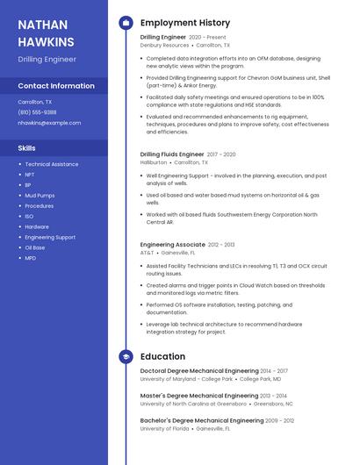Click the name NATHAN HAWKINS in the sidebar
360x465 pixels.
pos(46,32)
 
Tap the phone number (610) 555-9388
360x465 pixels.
pos(37,112)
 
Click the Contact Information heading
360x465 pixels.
pos(56,86)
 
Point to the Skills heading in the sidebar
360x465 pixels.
pos(27,148)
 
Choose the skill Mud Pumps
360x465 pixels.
pos(40,196)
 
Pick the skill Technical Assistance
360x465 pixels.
pos(51,164)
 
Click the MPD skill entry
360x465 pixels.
pos(31,258)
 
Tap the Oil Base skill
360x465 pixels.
pos(35,247)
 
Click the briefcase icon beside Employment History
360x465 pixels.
pos(126,23)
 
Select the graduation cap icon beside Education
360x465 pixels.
pos(126,357)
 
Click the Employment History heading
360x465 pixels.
pos(185,23)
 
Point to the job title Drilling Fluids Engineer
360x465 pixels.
pos(172,154)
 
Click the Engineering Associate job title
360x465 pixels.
pos(173,245)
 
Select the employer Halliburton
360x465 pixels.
pos(154,162)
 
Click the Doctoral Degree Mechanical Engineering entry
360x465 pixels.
pos(199,371)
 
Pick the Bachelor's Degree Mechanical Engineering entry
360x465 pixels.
pos(202,420)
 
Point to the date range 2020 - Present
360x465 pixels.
pos(207,37)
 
